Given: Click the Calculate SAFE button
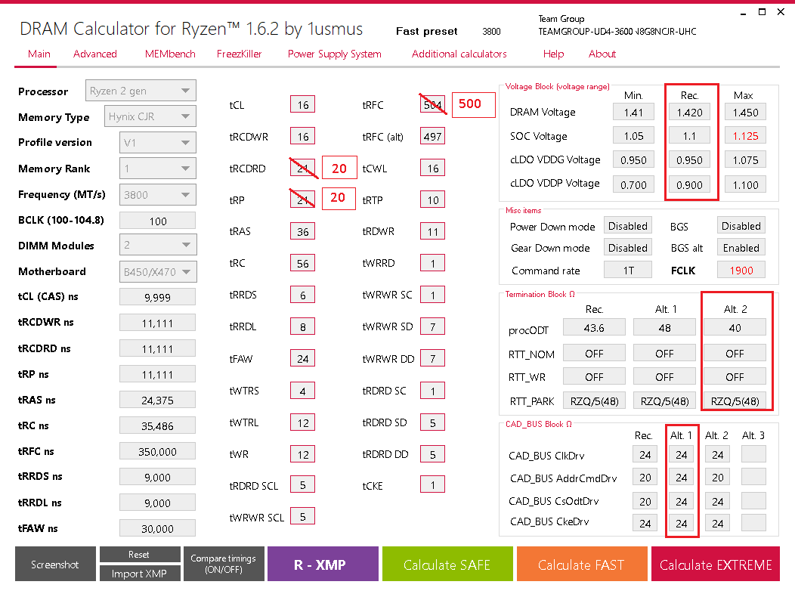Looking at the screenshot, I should [447, 565].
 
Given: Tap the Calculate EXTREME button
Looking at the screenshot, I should [716, 565].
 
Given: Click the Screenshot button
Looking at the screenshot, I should [55, 565].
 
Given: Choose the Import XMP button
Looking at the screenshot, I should [140, 574].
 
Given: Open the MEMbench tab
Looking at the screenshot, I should [170, 54].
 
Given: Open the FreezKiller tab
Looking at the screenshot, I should [240, 54].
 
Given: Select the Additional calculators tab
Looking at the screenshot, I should [459, 54].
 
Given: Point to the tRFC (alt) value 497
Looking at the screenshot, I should [432, 136].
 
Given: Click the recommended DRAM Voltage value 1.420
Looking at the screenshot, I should [689, 113].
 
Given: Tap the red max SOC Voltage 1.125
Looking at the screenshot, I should [744, 136].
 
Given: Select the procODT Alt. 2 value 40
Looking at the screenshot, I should [735, 328].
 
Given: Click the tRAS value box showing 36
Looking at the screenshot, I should [302, 232].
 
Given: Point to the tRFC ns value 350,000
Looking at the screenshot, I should [158, 451].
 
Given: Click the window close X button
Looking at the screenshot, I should [781, 12].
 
